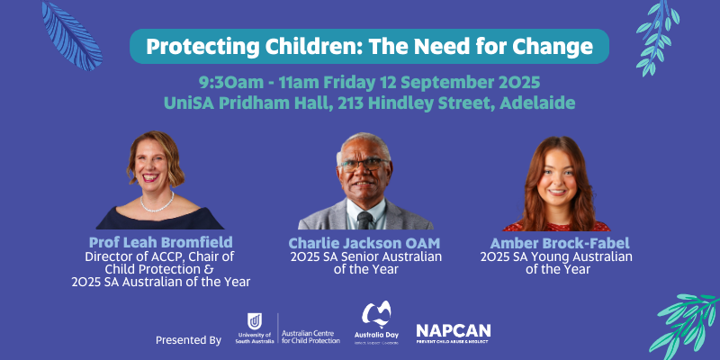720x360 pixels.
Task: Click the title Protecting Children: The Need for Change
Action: (x=369, y=46)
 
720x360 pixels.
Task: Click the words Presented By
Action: (x=188, y=340)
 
